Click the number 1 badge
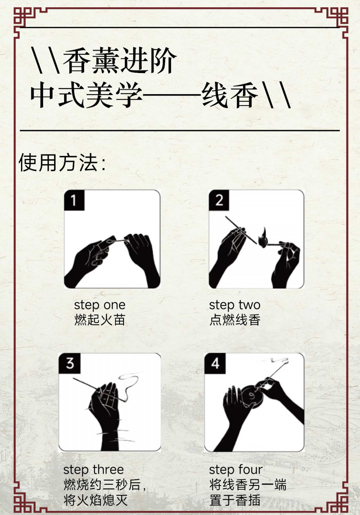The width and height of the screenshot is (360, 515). click(x=74, y=200)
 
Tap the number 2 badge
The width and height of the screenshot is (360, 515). click(x=219, y=200)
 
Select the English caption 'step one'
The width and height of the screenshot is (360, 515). click(x=100, y=305)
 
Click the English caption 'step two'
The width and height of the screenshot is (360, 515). click(x=235, y=305)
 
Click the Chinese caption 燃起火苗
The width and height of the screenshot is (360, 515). click(x=100, y=320)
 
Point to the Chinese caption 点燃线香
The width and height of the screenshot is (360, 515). click(x=235, y=320)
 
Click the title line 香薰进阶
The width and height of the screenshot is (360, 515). click(x=119, y=60)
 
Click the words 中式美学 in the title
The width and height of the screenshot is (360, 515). click(x=86, y=95)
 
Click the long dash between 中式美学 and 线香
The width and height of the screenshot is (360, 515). click(x=172, y=94)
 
